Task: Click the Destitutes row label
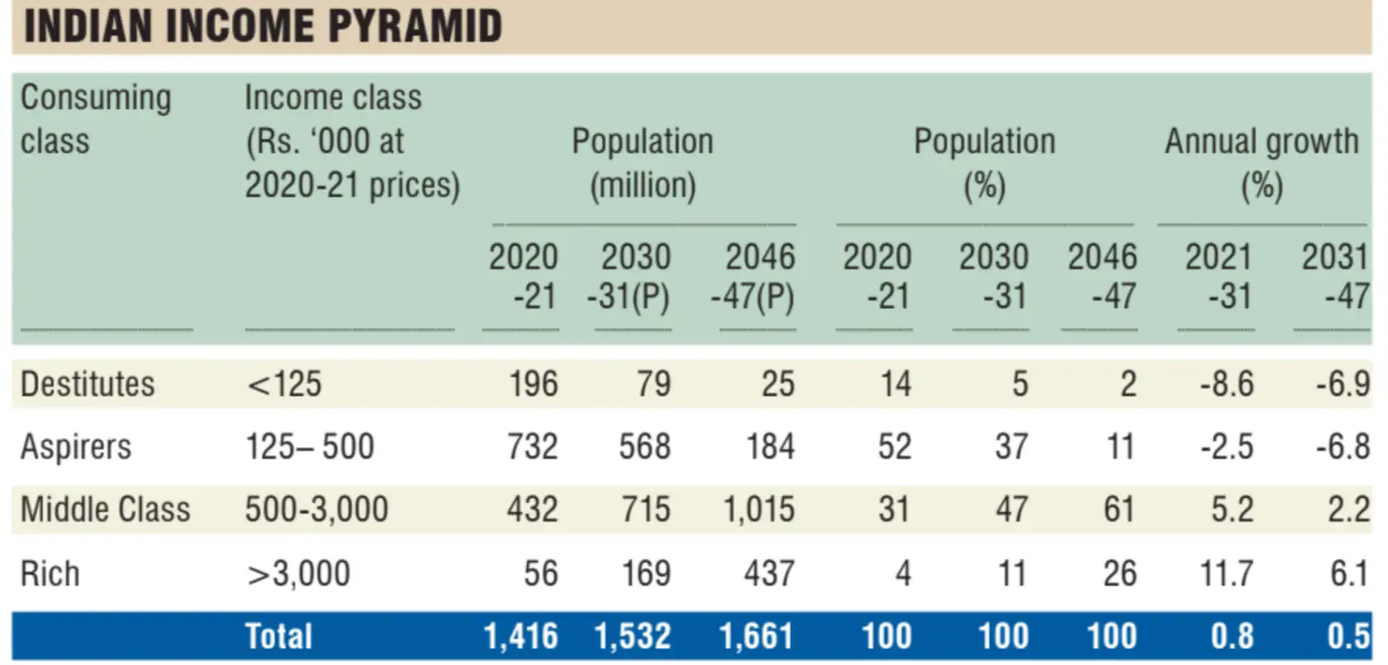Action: click(x=88, y=384)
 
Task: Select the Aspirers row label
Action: click(x=76, y=447)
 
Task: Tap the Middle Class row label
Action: click(x=105, y=509)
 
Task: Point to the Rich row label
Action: click(x=50, y=573)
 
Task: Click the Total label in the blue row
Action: click(x=279, y=636)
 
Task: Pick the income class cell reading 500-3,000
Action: click(x=316, y=509)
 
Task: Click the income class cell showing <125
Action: click(x=284, y=384)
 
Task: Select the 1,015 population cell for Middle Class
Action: click(x=759, y=509)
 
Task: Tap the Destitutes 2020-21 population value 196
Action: click(x=533, y=384)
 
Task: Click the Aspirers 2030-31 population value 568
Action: click(x=644, y=447)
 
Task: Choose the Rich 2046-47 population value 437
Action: click(x=768, y=573)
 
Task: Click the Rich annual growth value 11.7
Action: click(x=1226, y=573)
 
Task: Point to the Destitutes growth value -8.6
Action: click(x=1227, y=384)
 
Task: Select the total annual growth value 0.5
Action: click(x=1347, y=636)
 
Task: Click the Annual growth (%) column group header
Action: click(x=1261, y=163)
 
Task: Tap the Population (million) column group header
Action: click(x=643, y=163)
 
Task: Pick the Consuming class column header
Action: click(x=95, y=119)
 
